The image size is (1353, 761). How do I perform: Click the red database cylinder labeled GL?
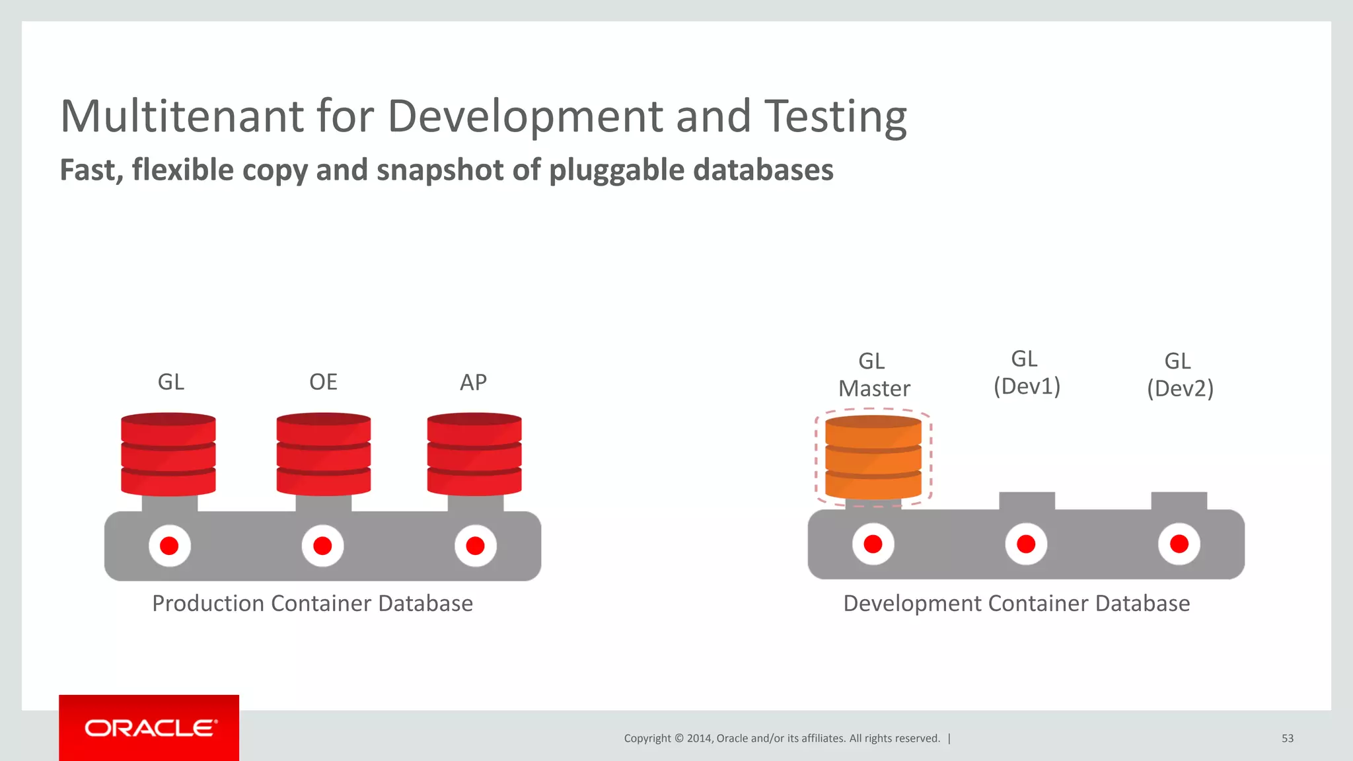tap(168, 454)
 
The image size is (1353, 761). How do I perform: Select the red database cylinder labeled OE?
tap(324, 454)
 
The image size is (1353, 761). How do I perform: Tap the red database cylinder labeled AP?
tap(474, 454)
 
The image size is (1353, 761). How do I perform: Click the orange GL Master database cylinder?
tap(873, 457)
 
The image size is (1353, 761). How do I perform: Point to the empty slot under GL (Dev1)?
tap(1027, 501)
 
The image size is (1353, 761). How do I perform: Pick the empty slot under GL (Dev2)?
tap(1179, 501)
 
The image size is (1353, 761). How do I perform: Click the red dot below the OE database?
tap(322, 546)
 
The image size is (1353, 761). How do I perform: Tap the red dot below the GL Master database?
tap(873, 544)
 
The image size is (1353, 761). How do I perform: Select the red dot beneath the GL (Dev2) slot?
tap(1179, 544)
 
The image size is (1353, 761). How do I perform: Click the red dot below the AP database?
tap(475, 546)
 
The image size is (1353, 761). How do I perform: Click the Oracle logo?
tap(150, 728)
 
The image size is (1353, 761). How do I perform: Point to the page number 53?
tap(1288, 739)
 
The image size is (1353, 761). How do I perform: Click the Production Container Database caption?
tap(312, 603)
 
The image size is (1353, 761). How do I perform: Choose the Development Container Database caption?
tap(1017, 603)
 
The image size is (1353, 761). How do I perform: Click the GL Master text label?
tap(874, 375)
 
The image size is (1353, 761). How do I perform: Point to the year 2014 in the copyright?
tap(699, 739)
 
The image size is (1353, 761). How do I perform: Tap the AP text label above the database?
tap(473, 382)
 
